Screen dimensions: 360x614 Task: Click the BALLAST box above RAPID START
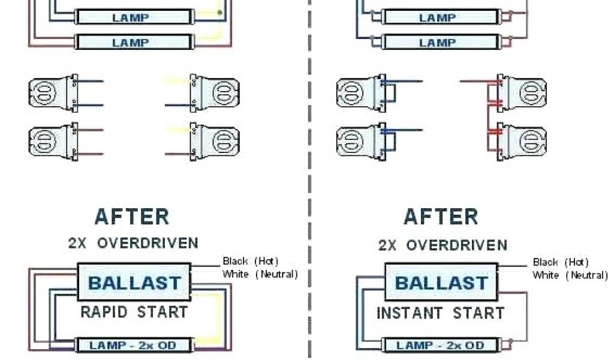[x=134, y=282]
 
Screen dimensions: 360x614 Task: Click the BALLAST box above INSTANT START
[x=441, y=283]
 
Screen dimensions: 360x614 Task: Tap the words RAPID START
[x=134, y=312]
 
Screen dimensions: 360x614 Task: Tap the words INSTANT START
[x=441, y=313]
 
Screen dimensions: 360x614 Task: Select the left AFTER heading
[x=132, y=216]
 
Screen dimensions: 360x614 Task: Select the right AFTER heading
[x=441, y=216]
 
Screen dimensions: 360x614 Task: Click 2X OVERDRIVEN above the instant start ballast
[x=442, y=245]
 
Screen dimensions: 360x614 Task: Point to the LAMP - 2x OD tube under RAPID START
[x=133, y=345]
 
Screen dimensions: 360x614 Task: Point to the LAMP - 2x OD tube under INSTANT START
[x=441, y=346]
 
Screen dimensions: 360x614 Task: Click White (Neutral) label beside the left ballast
[x=260, y=274]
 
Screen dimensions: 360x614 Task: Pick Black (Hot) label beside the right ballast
[x=561, y=262]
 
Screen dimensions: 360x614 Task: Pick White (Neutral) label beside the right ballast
[x=570, y=275]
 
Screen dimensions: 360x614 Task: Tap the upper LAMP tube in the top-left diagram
[x=131, y=17]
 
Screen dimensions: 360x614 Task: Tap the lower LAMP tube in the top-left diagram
[x=131, y=43]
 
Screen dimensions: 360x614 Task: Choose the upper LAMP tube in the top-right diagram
[x=438, y=17]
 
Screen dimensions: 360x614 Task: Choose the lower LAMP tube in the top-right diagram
[x=438, y=43]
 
